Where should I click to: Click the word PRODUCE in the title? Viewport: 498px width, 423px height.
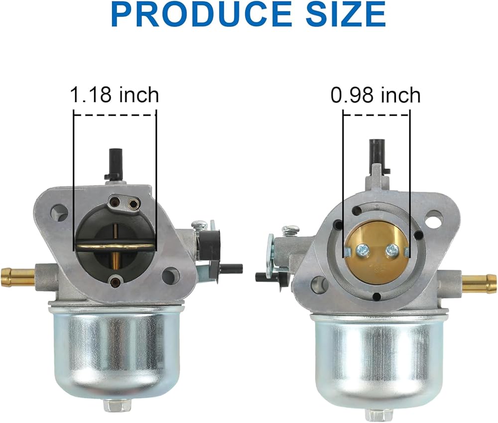click(x=201, y=14)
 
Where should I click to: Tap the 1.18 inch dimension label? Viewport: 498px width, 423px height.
click(x=115, y=95)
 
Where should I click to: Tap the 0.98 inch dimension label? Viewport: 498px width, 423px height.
click(x=375, y=95)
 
